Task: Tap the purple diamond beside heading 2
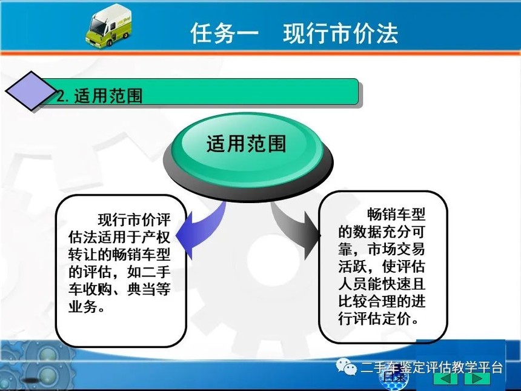pyautogui.click(x=30, y=91)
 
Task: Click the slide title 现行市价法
pyautogui.click(x=340, y=33)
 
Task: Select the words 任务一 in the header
pyautogui.click(x=225, y=33)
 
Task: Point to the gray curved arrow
pyautogui.click(x=296, y=229)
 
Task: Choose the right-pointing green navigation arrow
pyautogui.click(x=477, y=378)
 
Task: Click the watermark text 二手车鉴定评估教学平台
pyautogui.click(x=431, y=368)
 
